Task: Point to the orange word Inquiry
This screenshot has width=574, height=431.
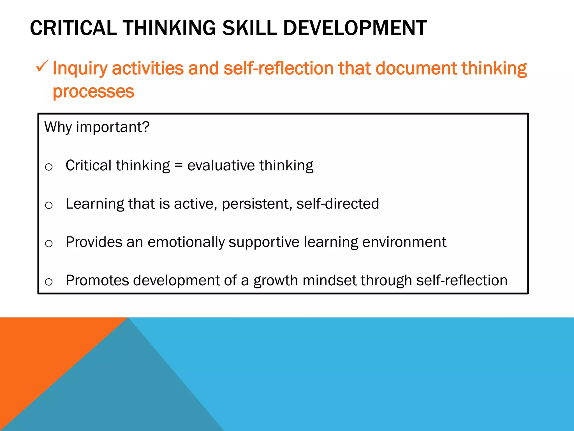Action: coord(80,69)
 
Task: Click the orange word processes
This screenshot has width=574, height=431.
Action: coord(94,92)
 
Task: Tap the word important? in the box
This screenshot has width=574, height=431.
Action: coord(113,127)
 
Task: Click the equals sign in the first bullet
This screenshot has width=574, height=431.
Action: coord(179,165)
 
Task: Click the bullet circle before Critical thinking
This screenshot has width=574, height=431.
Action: coord(49,167)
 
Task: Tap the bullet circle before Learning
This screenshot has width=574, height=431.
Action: coord(49,205)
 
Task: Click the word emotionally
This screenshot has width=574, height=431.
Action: coord(186,242)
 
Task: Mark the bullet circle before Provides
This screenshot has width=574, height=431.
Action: coord(49,244)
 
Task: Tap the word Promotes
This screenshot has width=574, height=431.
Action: coord(97,280)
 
